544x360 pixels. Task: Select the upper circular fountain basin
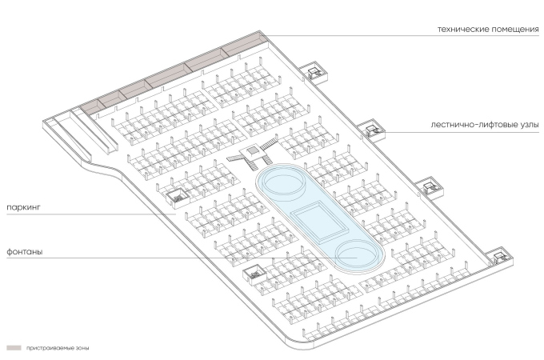point(282,183)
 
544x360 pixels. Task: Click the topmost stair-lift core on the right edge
point(316,73)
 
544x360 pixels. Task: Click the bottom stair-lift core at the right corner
point(499,256)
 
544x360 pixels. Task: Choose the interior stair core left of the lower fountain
point(253,273)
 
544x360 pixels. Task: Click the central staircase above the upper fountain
point(258,150)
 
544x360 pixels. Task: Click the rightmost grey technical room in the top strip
point(245,45)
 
